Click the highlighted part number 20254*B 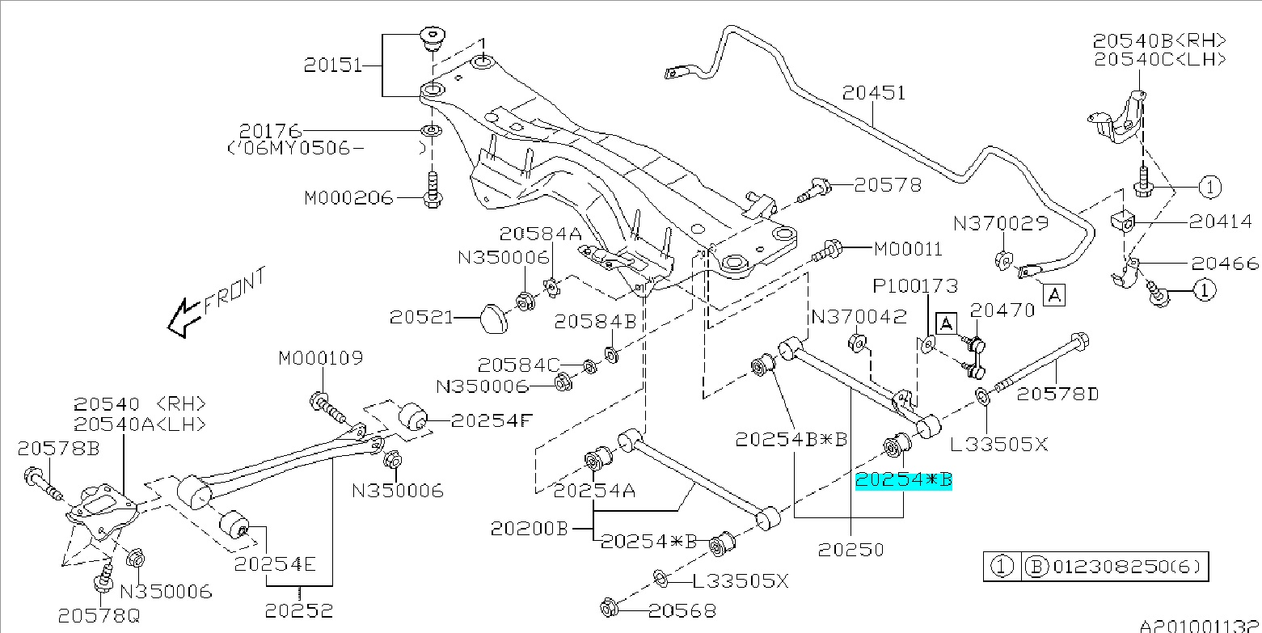tap(904, 481)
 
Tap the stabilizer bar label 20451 tap(874, 94)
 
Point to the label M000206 tap(348, 198)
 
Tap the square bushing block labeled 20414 tap(1125, 221)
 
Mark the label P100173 tap(914, 286)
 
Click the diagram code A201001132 tap(1200, 626)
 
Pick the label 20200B tap(530, 530)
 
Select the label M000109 tap(322, 357)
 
